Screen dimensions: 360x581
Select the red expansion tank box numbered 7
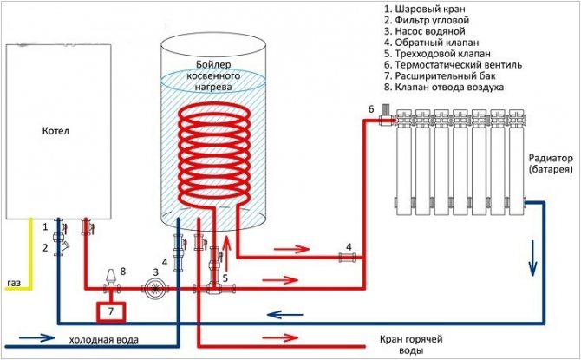coord(110,310)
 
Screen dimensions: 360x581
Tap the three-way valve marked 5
coord(213,284)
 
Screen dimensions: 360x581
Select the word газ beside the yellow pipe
coord(15,284)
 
